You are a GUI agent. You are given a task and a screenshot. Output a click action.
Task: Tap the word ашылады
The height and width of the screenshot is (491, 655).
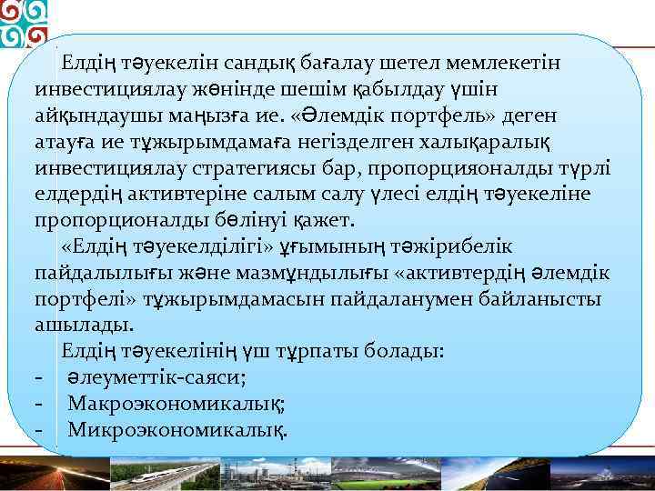(x=84, y=325)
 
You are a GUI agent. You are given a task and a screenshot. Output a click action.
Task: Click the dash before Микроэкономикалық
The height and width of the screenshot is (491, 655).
(x=38, y=428)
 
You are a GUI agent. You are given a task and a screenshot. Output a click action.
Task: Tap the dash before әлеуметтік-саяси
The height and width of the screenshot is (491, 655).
(x=38, y=376)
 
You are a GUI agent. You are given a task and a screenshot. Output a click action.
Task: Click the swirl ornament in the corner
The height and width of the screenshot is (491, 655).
(x=24, y=24)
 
